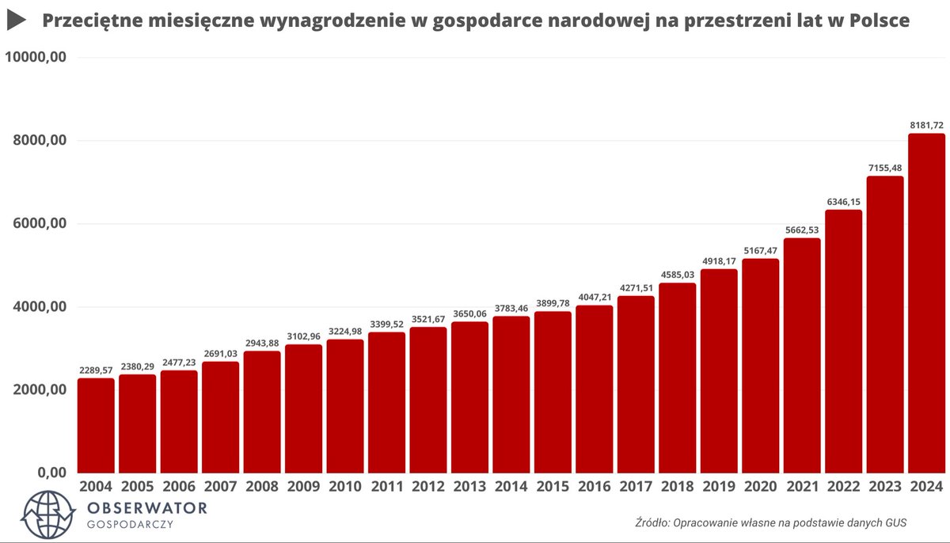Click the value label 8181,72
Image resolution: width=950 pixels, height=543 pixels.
pos(925,125)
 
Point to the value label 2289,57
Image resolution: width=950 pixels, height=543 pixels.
pos(96,370)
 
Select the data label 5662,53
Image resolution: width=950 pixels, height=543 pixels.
pos(801,230)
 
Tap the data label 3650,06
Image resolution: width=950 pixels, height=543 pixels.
pos(469,313)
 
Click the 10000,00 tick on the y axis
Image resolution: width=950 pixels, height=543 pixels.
pos(35,58)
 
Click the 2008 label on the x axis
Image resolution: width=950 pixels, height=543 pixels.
pos(261,486)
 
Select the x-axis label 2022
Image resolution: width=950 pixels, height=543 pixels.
pos(842,486)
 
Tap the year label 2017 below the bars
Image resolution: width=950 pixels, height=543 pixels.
pos(635,486)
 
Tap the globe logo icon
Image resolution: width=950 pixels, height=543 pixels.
pos(44,514)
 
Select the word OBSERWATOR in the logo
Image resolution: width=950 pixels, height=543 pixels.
pos(148,507)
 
